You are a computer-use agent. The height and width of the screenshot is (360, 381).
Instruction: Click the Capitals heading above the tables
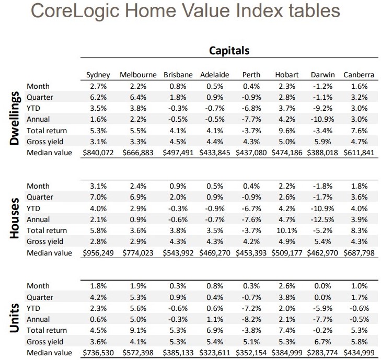coord(229,51)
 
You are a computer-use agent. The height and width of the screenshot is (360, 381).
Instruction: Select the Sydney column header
coord(98,75)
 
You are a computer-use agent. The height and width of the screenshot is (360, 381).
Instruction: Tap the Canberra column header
coord(359,75)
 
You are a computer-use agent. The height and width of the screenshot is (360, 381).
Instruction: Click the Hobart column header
coord(287,75)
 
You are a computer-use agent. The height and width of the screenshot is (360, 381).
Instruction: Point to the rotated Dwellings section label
coord(15,119)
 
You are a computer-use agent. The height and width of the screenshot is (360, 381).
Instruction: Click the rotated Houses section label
coord(15,219)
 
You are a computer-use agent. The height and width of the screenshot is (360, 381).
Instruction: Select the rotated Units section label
coord(15,318)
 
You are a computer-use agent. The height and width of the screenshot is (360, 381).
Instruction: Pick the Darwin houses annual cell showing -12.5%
coord(321,219)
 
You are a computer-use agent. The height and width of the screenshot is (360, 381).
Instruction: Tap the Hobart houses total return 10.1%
coord(286,230)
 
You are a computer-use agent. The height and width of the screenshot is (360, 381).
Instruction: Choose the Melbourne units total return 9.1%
coord(138,330)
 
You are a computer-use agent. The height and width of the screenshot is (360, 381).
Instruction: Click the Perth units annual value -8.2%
coord(251,319)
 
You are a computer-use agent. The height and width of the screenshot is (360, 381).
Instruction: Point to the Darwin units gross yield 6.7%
coord(321,341)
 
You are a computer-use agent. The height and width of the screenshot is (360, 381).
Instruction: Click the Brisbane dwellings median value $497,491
coord(179,153)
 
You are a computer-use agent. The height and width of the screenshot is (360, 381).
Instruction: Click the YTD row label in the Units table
coord(33,308)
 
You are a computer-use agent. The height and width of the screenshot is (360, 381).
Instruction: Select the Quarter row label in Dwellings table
coord(40,97)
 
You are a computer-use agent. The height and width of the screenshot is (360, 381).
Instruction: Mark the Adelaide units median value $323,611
coord(215,353)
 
